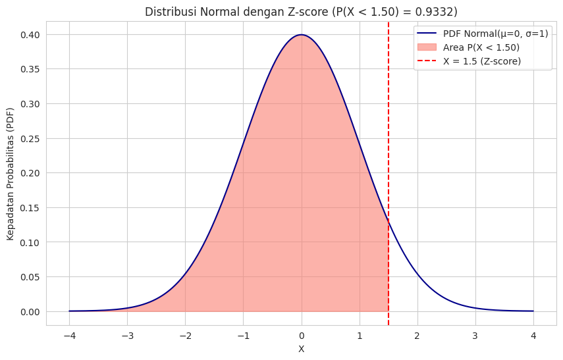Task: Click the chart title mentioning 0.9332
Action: (301, 12)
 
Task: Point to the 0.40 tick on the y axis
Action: (30, 35)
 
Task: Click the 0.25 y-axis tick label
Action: (30, 139)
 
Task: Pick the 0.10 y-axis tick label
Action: (30, 243)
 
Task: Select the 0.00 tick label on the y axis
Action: (30, 312)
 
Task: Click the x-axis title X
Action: (302, 349)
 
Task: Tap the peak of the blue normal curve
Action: (302, 35)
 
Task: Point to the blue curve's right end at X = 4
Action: (533, 311)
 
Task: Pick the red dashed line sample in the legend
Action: (428, 61)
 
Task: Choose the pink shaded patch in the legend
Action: (428, 47)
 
